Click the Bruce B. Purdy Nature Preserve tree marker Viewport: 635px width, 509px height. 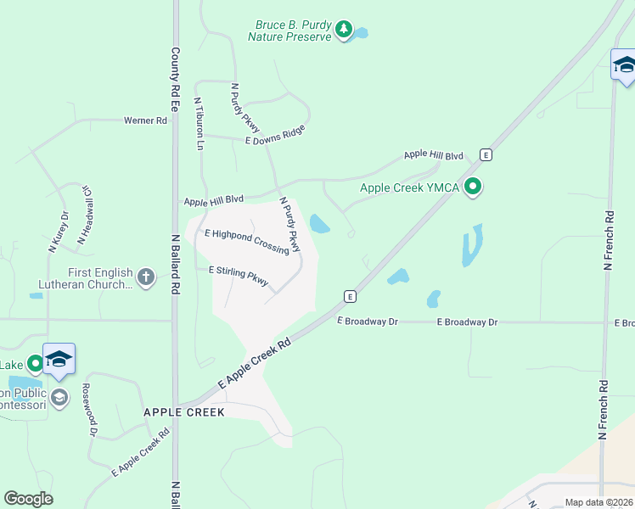tap(343, 31)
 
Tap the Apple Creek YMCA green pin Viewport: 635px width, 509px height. tap(474, 187)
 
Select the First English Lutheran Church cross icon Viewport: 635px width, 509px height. tap(146, 277)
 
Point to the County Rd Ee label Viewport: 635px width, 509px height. tap(176, 80)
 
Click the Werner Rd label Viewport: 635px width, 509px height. tap(145, 120)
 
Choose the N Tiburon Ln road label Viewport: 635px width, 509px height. tap(200, 124)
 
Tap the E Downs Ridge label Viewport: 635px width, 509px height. tap(274, 134)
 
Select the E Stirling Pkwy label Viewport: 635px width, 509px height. tap(239, 276)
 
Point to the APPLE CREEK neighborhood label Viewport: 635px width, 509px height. tap(183, 412)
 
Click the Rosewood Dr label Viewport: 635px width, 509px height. tap(88, 409)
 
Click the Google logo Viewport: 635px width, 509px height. tap(28, 499)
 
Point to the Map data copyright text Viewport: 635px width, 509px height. tap(598, 502)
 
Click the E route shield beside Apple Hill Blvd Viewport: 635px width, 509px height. tap(485, 154)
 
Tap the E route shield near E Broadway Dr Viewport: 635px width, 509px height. tap(349, 295)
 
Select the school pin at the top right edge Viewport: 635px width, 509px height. tap(624, 65)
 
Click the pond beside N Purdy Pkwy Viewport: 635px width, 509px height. tap(319, 224)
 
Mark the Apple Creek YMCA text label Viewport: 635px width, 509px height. tap(410, 188)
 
